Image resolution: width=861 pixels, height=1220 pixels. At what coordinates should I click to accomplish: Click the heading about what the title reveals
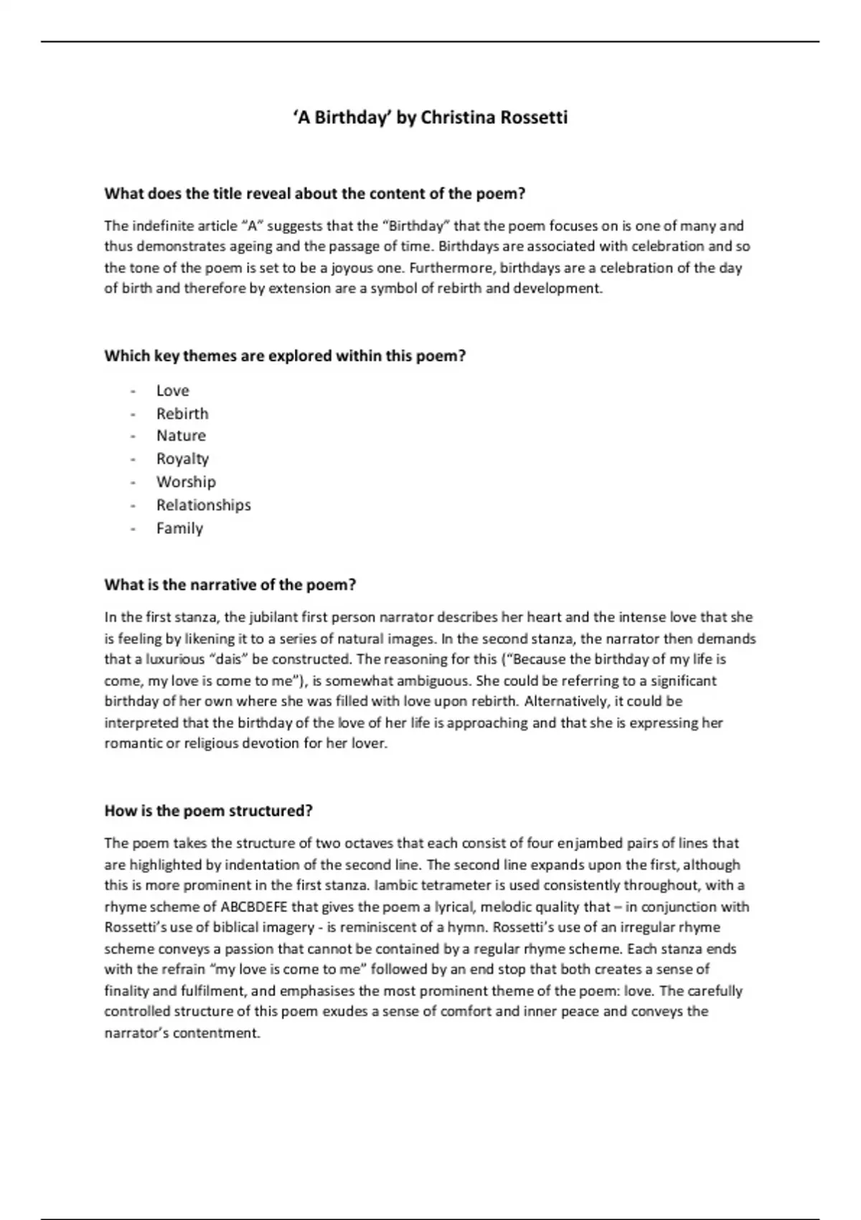[x=315, y=194]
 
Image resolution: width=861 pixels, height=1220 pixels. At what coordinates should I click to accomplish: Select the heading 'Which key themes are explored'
[x=285, y=356]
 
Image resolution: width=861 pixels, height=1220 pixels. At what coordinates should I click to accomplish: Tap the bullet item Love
[x=173, y=390]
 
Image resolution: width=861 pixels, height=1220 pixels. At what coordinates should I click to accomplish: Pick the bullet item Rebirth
[x=182, y=413]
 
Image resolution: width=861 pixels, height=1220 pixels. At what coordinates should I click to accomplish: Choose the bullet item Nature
[x=181, y=436]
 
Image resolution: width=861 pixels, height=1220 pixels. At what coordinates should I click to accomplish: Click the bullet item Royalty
[x=182, y=459]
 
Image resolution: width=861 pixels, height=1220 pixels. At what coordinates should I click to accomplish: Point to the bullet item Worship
[x=186, y=482]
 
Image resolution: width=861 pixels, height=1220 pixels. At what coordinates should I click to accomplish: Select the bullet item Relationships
[x=204, y=505]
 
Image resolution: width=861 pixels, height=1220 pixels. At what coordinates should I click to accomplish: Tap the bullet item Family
[x=179, y=528]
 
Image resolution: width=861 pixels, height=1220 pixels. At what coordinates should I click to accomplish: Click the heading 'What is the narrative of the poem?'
[x=230, y=585]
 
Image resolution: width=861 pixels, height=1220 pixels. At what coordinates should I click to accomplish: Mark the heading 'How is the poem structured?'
[x=209, y=811]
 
